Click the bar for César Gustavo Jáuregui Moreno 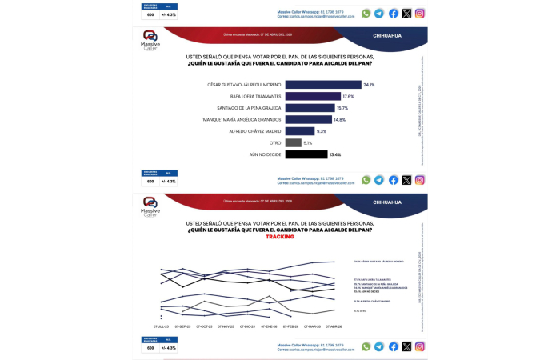(323, 84)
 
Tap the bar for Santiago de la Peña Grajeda (310, 108)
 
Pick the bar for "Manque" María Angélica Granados (308, 119)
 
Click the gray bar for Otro (293, 142)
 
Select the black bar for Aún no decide (306, 154)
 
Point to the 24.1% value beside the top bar (369, 84)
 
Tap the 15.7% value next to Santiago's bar (342, 108)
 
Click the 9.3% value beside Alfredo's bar (322, 131)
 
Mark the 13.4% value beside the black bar (335, 154)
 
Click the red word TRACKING (280, 237)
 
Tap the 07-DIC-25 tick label (247, 327)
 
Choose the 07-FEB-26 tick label (290, 327)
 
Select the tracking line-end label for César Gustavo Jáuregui (378, 262)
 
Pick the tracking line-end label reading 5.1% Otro (359, 311)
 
